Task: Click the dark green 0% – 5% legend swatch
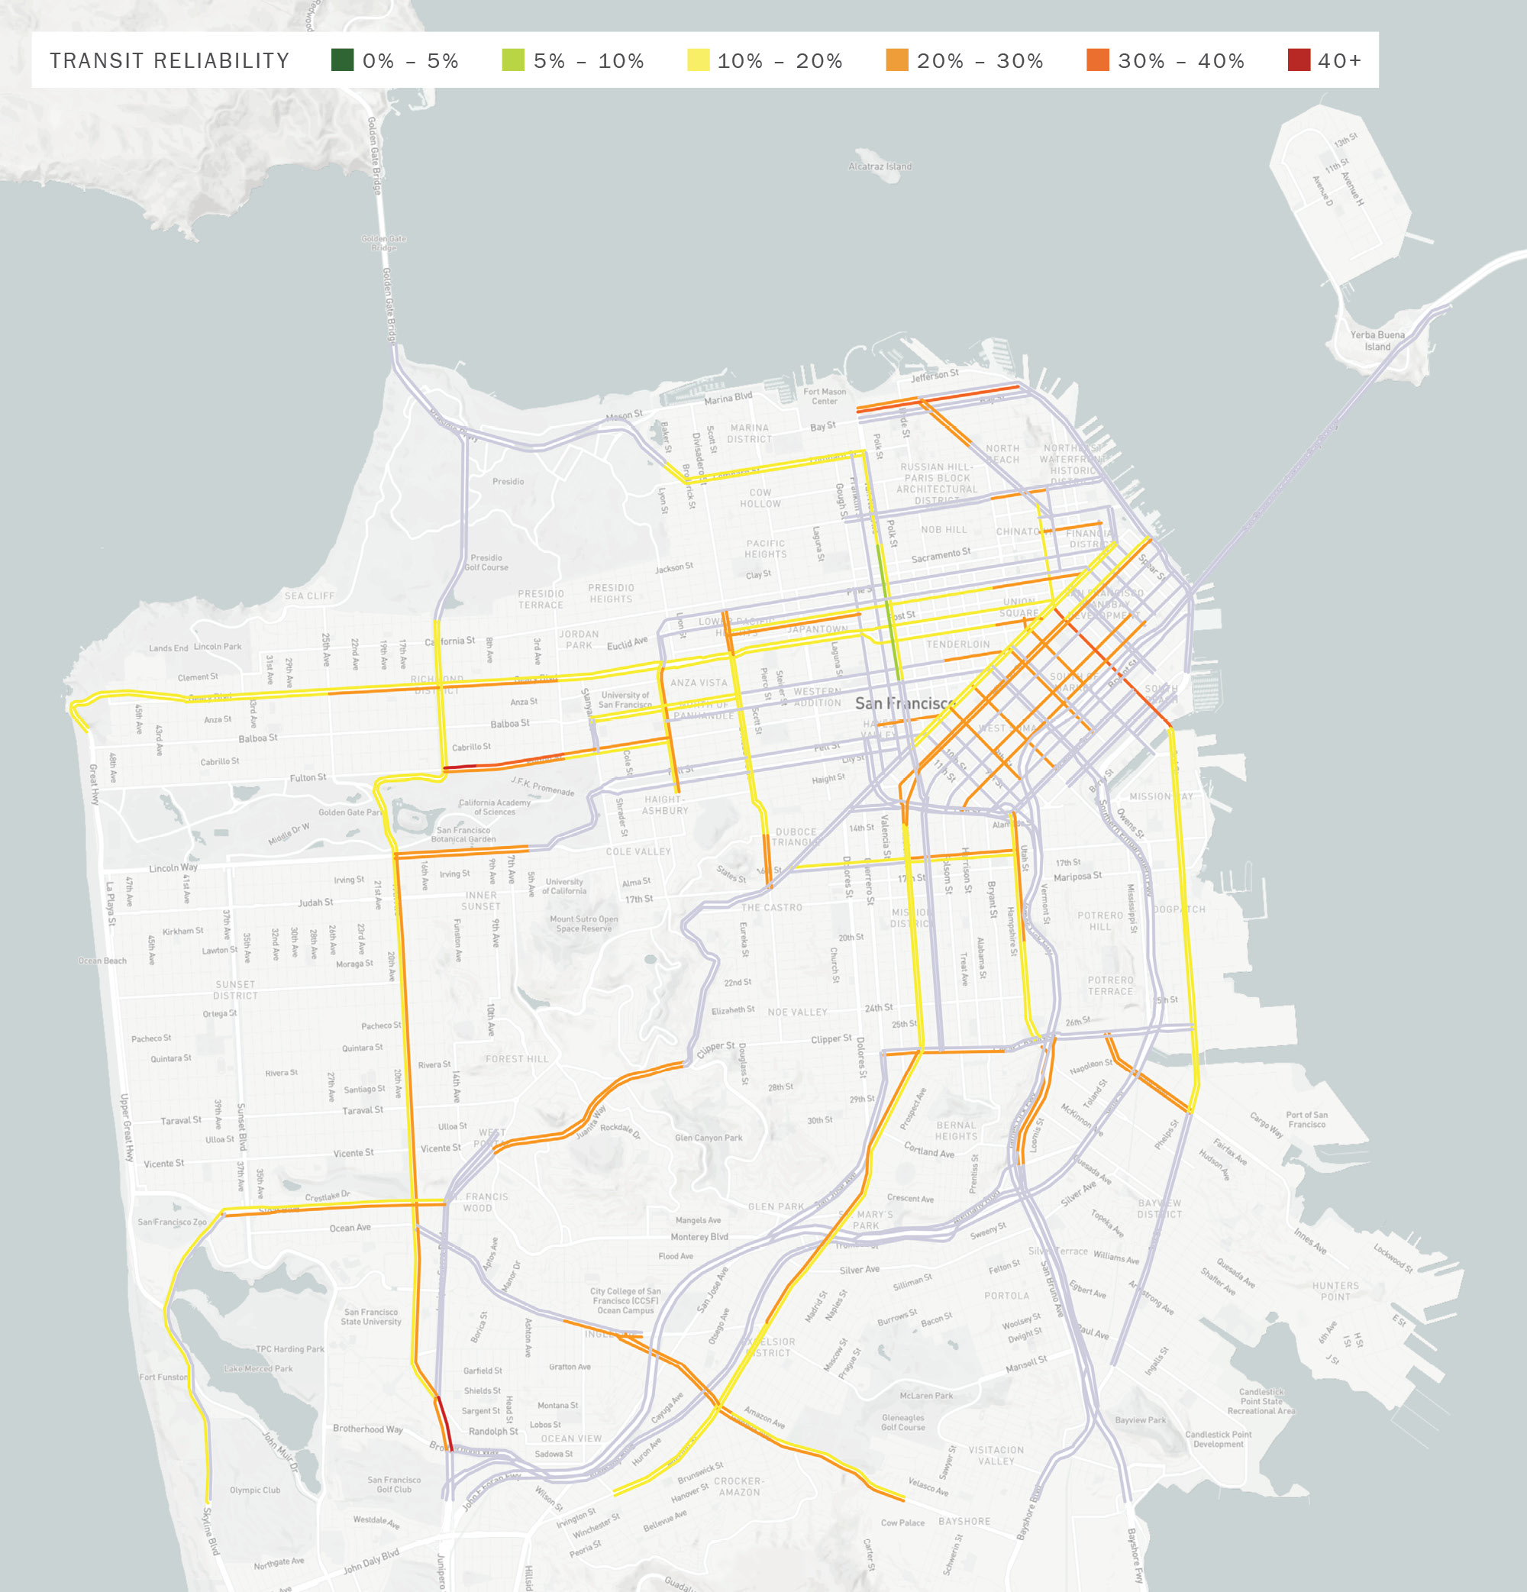click(342, 60)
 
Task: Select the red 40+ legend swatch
click(1299, 60)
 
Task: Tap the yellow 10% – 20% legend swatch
click(698, 60)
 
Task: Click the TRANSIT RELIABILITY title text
click(169, 61)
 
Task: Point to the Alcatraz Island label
click(880, 166)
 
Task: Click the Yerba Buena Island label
click(1377, 341)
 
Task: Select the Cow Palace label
click(902, 1523)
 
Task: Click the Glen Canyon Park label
click(709, 1138)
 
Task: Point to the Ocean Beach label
click(102, 961)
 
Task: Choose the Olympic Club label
click(254, 1490)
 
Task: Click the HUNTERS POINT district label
click(1335, 1291)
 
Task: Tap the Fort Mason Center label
click(825, 396)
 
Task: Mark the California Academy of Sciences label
click(494, 807)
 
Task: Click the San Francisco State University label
click(370, 1316)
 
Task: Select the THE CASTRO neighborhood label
click(771, 907)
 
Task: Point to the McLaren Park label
click(926, 1396)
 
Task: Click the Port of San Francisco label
click(1306, 1119)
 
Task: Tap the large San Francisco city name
click(904, 703)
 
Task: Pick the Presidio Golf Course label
click(486, 562)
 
